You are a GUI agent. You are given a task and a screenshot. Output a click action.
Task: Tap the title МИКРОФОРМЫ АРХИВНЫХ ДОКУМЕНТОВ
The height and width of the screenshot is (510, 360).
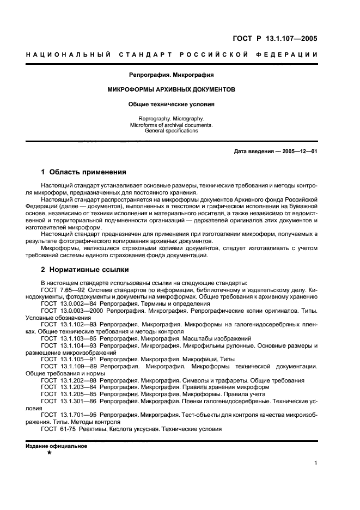pyautogui.click(x=171, y=89)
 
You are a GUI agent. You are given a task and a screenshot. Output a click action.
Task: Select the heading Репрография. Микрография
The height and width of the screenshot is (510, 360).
pyautogui.click(x=171, y=74)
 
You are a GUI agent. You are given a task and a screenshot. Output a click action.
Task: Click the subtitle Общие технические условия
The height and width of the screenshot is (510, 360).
pyautogui.click(x=171, y=104)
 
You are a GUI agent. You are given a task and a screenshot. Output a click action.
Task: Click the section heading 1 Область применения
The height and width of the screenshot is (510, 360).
pyautogui.click(x=84, y=172)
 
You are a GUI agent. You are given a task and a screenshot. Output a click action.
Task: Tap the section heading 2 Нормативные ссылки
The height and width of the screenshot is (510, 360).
pyautogui.click(x=86, y=269)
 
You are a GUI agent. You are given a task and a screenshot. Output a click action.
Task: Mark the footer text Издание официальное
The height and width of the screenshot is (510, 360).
pyautogui.click(x=56, y=446)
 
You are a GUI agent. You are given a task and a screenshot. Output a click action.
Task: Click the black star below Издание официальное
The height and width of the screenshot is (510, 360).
pyautogui.click(x=50, y=452)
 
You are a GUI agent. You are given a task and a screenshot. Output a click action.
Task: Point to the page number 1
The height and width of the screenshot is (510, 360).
pyautogui.click(x=315, y=464)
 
